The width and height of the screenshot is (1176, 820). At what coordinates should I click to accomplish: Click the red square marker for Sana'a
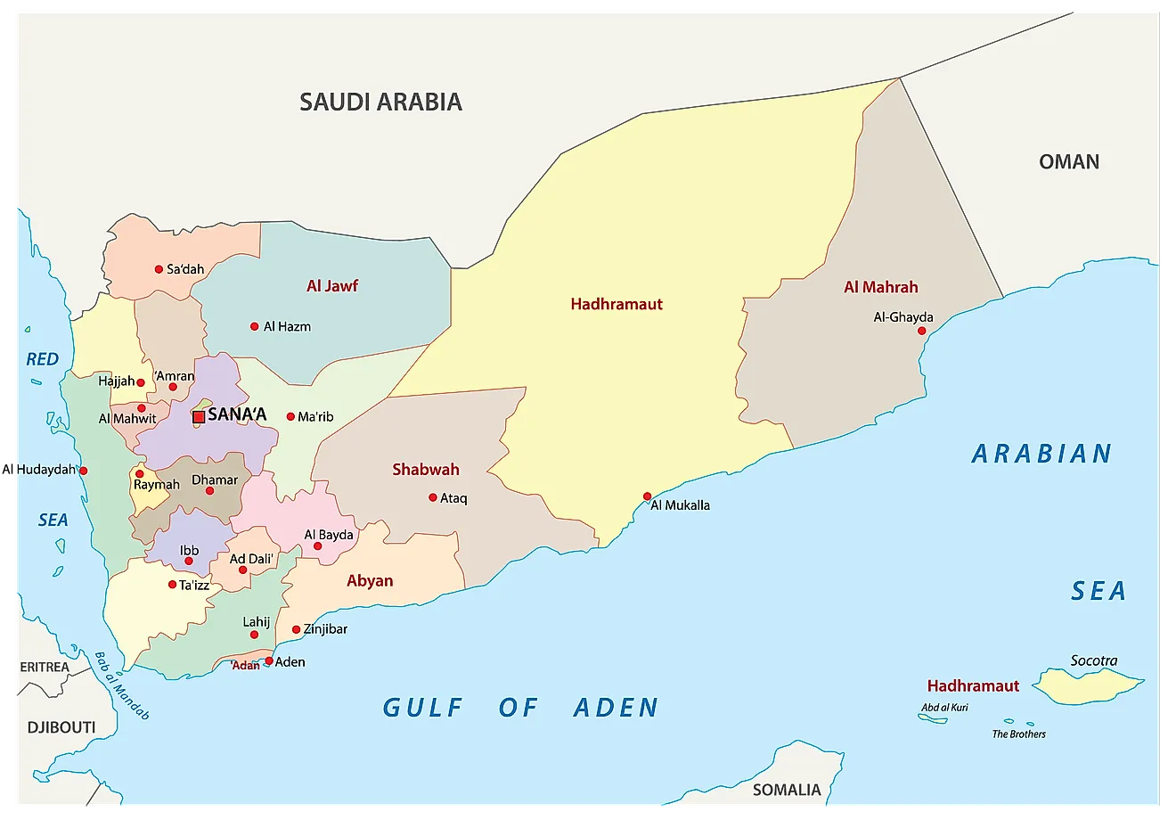pyautogui.click(x=199, y=416)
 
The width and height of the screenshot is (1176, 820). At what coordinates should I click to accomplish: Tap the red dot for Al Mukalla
pyautogui.click(x=647, y=496)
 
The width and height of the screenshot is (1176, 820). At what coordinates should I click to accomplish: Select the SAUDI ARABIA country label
pyautogui.click(x=380, y=102)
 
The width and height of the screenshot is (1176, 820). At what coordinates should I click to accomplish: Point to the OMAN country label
pyautogui.click(x=1069, y=161)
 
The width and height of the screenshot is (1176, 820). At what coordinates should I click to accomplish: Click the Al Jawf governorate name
pyautogui.click(x=331, y=286)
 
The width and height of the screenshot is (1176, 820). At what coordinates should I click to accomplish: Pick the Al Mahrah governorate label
pyautogui.click(x=880, y=287)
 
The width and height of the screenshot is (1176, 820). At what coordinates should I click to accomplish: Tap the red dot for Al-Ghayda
pyautogui.click(x=922, y=332)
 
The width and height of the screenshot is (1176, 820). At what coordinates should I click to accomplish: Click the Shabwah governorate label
pyautogui.click(x=426, y=470)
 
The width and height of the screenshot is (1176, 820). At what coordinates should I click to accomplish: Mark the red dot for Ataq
pyautogui.click(x=433, y=498)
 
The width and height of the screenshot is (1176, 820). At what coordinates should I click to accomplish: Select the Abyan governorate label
pyautogui.click(x=370, y=581)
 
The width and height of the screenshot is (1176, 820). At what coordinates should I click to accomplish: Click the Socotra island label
pyautogui.click(x=1093, y=660)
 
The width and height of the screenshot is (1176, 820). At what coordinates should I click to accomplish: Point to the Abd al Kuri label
pyautogui.click(x=944, y=708)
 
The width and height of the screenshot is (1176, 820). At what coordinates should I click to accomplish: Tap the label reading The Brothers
pyautogui.click(x=1018, y=734)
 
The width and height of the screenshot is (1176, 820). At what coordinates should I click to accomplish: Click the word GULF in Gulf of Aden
pyautogui.click(x=423, y=708)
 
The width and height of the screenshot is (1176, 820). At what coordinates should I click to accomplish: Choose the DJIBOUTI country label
pyautogui.click(x=61, y=727)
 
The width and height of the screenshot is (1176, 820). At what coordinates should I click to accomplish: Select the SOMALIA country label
pyautogui.click(x=787, y=790)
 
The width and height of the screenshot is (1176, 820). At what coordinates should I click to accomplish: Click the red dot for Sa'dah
pyautogui.click(x=159, y=269)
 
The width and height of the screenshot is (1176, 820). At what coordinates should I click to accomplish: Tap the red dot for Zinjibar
pyautogui.click(x=296, y=630)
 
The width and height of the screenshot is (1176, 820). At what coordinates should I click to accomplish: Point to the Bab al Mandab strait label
pyautogui.click(x=122, y=685)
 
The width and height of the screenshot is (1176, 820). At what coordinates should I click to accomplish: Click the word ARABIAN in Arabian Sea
pyautogui.click(x=1041, y=454)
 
